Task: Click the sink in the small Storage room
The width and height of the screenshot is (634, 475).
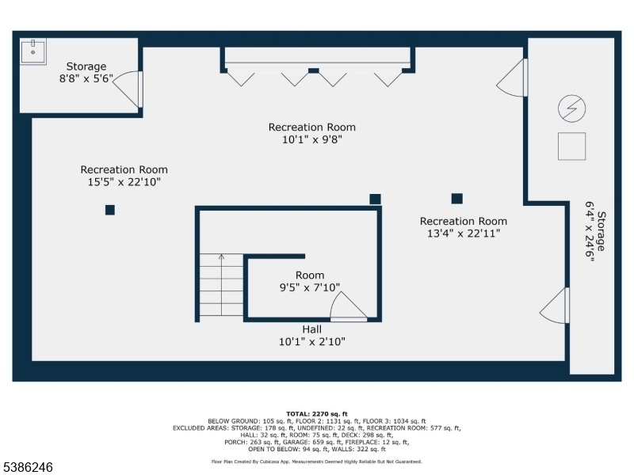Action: click(x=33, y=51)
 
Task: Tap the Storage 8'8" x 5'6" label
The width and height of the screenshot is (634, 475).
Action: click(x=86, y=72)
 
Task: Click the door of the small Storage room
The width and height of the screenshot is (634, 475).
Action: click(x=128, y=89)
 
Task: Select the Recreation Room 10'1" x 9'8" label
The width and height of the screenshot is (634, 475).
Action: click(x=312, y=133)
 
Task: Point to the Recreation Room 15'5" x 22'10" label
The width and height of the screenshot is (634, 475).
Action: click(x=124, y=176)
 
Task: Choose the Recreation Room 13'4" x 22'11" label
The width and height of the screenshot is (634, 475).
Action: click(x=464, y=227)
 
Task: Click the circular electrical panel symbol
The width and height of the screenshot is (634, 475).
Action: click(x=571, y=108)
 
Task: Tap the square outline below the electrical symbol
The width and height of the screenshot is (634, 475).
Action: click(x=571, y=146)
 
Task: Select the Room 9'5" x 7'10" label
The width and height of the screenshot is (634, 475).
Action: click(x=310, y=281)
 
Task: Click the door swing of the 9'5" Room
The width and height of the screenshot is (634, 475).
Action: click(x=349, y=306)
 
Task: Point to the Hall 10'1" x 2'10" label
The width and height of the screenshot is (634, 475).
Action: click(x=312, y=336)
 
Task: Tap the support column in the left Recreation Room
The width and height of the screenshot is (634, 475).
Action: click(x=110, y=210)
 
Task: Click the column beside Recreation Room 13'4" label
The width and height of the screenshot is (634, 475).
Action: click(x=457, y=199)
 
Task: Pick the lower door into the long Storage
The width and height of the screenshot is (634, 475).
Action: click(x=555, y=306)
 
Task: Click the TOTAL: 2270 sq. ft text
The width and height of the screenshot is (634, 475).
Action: click(x=316, y=414)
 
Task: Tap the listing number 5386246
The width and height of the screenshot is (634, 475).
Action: click(x=27, y=467)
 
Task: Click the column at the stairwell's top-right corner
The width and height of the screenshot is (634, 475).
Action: click(x=375, y=199)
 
